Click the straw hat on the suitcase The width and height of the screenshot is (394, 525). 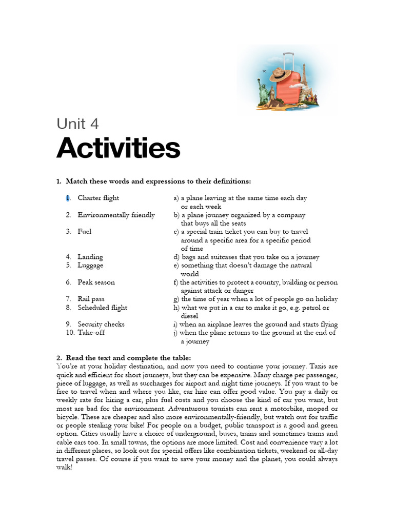coord(279,75)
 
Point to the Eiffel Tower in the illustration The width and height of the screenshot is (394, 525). coord(304,77)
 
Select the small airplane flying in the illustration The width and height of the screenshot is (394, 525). coord(264,70)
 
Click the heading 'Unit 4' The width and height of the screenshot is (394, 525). coord(77,124)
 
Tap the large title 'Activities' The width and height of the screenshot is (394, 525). coord(118,148)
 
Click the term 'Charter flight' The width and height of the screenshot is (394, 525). coord(98,198)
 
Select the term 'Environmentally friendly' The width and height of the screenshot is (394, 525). coord(116,215)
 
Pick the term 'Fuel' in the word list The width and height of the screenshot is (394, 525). coord(85,232)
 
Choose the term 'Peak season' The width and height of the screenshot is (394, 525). coord(96,282)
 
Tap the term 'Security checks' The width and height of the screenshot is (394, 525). coord(101,324)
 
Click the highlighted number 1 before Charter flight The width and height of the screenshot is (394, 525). coord(67,198)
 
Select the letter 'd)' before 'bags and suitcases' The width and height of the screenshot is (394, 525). coord(176,257)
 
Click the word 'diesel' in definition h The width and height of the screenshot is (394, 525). coord(190,316)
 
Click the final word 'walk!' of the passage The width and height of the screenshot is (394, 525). coord(64,467)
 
